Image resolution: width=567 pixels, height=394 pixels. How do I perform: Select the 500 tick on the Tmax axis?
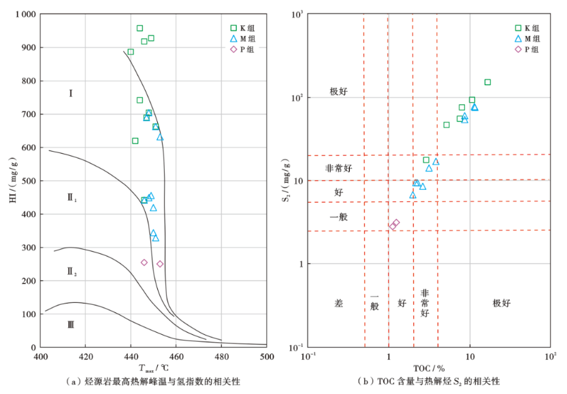[267, 356]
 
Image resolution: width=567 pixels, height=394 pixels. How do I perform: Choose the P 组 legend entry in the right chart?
[528, 49]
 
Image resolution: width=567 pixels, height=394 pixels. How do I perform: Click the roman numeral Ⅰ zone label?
[71, 93]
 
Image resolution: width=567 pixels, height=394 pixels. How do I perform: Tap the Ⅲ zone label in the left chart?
[71, 325]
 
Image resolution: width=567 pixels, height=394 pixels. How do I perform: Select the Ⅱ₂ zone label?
[72, 272]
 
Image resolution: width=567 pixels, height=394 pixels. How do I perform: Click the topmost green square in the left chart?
[140, 29]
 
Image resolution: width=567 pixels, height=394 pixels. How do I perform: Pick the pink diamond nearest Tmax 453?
[160, 264]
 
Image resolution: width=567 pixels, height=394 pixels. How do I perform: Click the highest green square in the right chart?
[487, 82]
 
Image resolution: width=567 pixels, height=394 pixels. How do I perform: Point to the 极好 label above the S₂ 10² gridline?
[338, 92]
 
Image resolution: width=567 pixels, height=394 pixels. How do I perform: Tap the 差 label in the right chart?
[339, 303]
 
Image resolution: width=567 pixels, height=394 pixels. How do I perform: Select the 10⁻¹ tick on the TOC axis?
[310, 356]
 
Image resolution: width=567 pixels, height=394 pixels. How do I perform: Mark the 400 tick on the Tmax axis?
[41, 356]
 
